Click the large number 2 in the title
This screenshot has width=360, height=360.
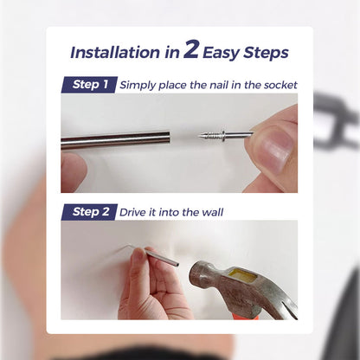(x=191, y=49)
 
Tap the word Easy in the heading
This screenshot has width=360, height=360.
(x=226, y=52)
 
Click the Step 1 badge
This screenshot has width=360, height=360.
(x=89, y=85)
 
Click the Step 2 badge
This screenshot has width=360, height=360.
(x=89, y=211)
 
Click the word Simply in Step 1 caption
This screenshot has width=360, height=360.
(x=140, y=85)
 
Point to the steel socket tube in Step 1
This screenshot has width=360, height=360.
(x=112, y=140)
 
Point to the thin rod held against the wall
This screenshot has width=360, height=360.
(x=160, y=256)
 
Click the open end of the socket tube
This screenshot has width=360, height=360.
(x=168, y=137)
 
